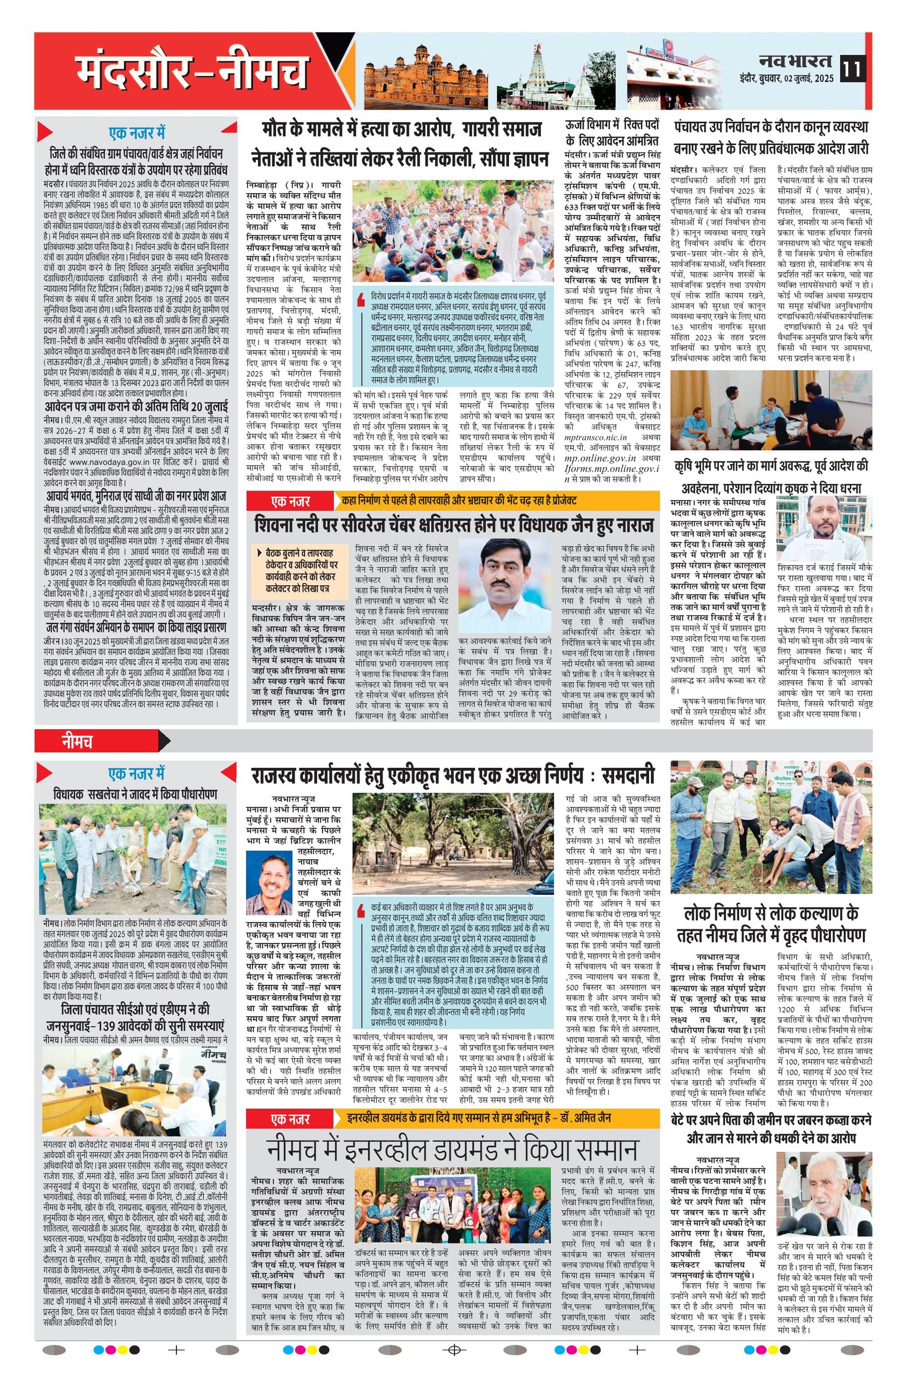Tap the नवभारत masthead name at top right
pos(796,61)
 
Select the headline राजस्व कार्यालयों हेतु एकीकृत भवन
pos(452,776)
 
